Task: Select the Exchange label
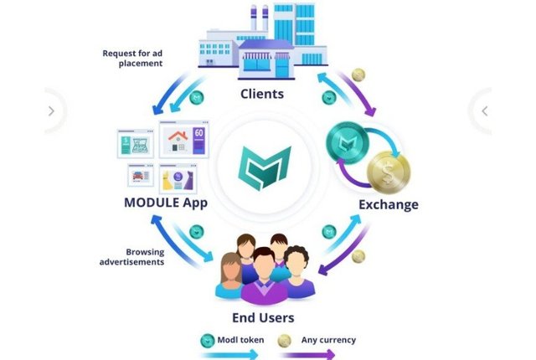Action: [388, 203]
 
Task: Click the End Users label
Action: [263, 317]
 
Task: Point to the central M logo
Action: [264, 166]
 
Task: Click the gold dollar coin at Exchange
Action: [390, 171]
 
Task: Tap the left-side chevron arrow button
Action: [51, 111]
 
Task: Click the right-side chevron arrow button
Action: [484, 111]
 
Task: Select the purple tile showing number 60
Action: [199, 140]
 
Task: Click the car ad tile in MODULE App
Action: [138, 177]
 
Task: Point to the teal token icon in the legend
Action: [206, 340]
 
